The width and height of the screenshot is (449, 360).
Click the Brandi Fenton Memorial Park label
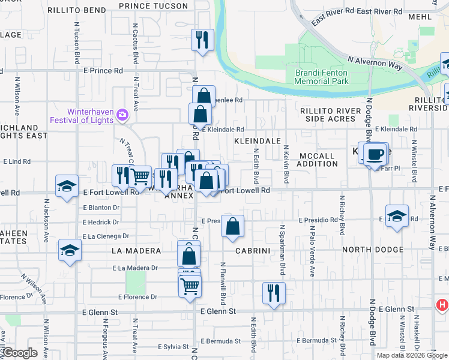322,77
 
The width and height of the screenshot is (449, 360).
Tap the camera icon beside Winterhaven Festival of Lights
123,114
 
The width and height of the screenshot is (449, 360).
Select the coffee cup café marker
376,154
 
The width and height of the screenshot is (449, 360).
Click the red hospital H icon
442,305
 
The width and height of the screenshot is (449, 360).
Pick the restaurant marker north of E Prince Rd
202,40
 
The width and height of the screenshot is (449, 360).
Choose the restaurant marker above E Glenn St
274,293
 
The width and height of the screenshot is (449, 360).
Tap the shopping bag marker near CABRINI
232,227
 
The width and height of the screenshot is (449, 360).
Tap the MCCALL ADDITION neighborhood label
317,160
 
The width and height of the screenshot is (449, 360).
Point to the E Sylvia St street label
173,347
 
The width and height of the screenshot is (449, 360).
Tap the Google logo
20,353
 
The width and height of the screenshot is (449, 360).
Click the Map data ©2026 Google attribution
412,355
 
